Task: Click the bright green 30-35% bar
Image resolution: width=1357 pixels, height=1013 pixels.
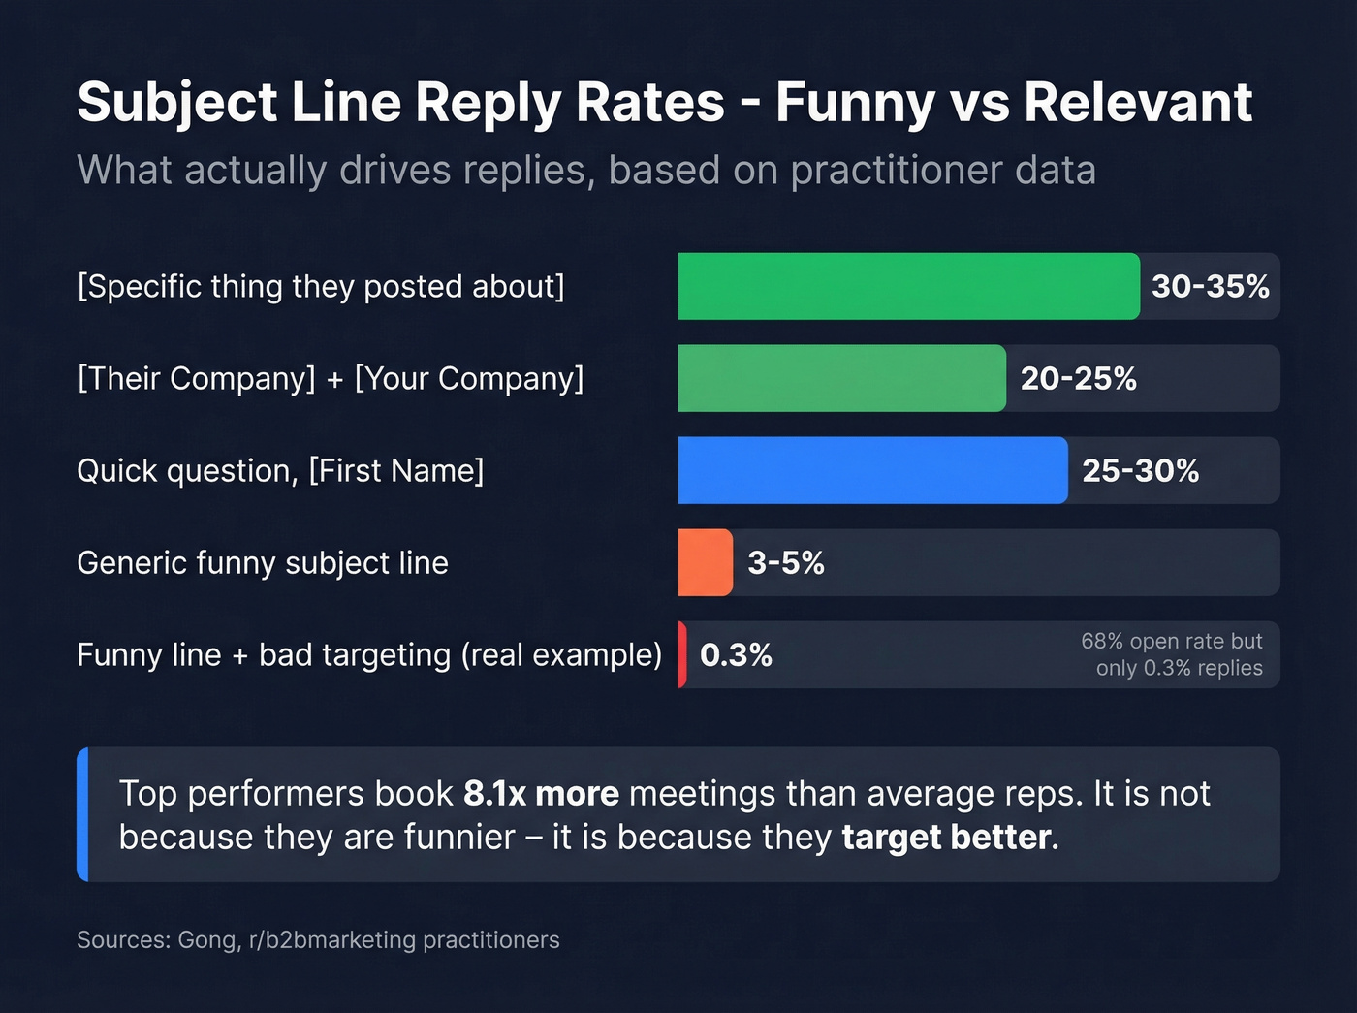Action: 908,286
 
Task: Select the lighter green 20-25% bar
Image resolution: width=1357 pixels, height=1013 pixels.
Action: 841,378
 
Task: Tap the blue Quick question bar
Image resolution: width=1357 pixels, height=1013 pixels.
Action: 872,470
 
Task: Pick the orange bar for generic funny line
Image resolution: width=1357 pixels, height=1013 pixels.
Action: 705,562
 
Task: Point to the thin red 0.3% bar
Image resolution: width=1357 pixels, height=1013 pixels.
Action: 682,654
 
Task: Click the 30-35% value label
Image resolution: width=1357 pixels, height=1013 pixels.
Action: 1210,286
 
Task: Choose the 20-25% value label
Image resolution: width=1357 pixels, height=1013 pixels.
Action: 1078,378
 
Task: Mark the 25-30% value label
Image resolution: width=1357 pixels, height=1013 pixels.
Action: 1140,470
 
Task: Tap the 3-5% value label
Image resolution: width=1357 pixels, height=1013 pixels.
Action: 785,562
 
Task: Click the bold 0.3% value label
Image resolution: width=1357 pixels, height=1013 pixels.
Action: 736,655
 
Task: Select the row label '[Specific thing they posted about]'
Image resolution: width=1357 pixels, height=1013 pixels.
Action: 320,286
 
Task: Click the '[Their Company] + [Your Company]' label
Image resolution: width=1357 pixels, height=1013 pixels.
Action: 330,378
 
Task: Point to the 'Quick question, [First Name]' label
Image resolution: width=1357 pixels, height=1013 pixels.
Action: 280,470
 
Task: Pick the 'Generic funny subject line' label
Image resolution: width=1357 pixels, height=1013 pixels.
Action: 263,562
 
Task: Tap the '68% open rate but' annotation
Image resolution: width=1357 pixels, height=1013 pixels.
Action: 1171,642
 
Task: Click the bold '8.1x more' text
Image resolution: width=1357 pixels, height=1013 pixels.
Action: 541,793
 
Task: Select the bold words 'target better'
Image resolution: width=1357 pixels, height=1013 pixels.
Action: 946,837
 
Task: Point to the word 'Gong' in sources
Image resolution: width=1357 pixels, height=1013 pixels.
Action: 206,939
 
